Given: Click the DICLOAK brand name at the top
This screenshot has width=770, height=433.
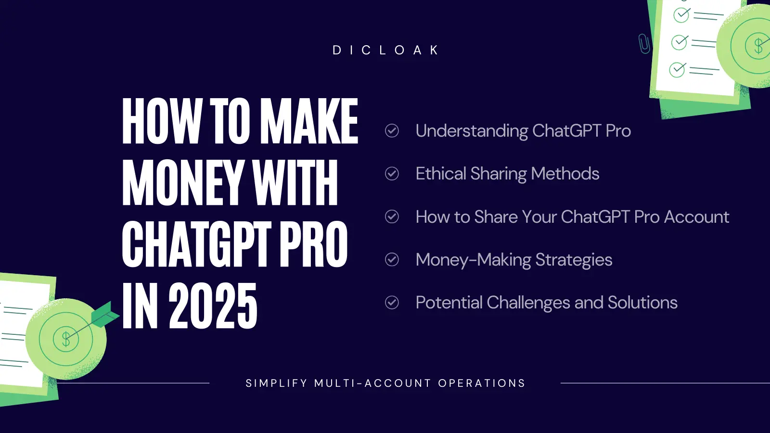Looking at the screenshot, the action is pos(385,50).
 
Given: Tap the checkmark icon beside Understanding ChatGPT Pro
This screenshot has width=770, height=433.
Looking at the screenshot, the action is pos(392,130).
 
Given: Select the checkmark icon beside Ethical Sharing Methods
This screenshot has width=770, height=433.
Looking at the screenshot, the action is pos(392,174).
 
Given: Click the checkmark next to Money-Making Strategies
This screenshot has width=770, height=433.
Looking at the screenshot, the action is pos(392,259).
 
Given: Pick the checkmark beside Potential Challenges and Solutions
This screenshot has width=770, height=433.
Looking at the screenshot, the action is pos(392,303).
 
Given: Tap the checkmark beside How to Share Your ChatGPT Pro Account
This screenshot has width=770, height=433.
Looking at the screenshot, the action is pos(392,216).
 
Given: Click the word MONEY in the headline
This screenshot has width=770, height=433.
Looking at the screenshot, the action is pos(182,183).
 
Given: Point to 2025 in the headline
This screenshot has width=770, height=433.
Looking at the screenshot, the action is pos(213,306).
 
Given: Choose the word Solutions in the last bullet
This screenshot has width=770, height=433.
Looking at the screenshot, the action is pos(642,303).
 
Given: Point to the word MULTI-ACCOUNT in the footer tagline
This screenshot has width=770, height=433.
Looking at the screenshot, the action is pos(372,383).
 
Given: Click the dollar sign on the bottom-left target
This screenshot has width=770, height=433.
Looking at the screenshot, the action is pos(66,339).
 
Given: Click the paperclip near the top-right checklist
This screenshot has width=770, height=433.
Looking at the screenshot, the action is pos(644,44).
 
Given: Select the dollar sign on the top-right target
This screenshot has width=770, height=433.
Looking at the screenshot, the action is pos(758,46).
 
